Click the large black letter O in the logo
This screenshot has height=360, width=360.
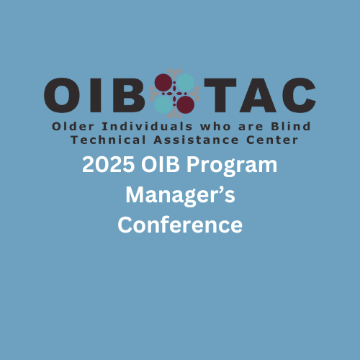(x=63, y=95)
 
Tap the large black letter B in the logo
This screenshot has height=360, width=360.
(x=129, y=95)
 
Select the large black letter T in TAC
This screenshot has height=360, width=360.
(x=220, y=95)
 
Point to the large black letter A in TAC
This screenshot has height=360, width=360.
(x=258, y=95)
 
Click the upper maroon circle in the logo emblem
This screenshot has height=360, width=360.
(x=163, y=83)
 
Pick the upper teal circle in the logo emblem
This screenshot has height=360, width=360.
(x=186, y=83)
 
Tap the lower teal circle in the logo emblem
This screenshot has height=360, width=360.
(x=163, y=104)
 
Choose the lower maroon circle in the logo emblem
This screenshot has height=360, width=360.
(x=186, y=104)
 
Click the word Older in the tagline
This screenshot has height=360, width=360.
(x=73, y=126)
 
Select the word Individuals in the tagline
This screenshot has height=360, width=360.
(x=147, y=126)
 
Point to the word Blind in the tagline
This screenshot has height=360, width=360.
(x=291, y=126)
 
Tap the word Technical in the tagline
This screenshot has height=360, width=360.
(x=108, y=140)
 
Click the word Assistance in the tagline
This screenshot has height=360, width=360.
(x=196, y=140)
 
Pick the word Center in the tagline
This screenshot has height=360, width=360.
(x=272, y=140)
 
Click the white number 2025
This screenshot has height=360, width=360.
(x=108, y=165)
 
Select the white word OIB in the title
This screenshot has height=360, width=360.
(x=161, y=165)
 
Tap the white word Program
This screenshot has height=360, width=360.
(x=232, y=167)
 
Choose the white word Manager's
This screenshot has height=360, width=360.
(x=180, y=197)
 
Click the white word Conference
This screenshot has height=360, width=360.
(x=180, y=225)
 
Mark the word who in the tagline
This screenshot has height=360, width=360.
(x=215, y=126)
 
